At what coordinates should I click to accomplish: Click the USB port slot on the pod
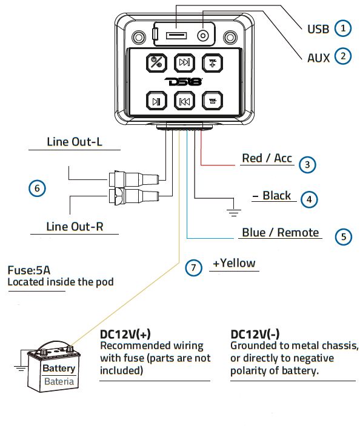pos(176,36)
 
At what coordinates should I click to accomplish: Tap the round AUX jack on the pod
pos(203,36)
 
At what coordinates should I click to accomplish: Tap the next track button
pos(184,62)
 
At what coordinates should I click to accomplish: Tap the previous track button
pos(184,101)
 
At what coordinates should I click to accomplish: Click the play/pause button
pos(156,101)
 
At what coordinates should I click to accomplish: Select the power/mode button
pos(156,62)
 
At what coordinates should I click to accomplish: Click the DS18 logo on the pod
pos(184,81)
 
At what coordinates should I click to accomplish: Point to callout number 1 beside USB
pos(343,28)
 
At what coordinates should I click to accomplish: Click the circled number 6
pos(37,188)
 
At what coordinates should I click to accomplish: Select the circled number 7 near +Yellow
pos(193,267)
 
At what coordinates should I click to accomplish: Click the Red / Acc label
pos(267,158)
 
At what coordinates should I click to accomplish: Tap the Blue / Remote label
pos(280,233)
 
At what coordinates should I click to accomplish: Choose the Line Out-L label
pos(75,142)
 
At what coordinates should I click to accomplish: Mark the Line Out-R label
pos(75,227)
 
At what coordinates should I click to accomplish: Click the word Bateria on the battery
pos(59,382)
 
